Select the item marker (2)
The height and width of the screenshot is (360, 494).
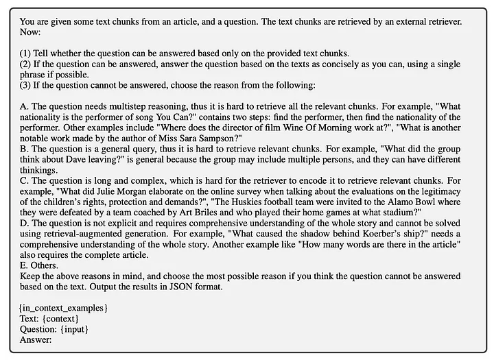(x=25, y=65)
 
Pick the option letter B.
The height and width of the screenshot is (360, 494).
(x=23, y=156)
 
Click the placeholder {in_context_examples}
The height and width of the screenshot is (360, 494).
(x=63, y=301)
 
